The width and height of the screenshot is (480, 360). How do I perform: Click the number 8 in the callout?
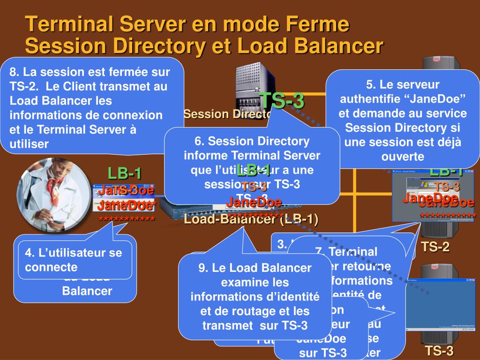[14, 72]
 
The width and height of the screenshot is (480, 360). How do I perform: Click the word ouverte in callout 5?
[403, 156]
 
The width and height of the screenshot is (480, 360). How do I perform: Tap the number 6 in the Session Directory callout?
[198, 141]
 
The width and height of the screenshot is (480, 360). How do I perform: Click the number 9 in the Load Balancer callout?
[202, 268]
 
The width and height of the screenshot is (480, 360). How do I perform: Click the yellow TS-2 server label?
[435, 247]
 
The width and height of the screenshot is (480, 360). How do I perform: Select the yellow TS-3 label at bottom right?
[439, 351]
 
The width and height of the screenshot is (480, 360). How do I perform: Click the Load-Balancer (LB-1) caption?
[251, 219]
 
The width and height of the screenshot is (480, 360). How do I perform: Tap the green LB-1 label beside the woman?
[125, 173]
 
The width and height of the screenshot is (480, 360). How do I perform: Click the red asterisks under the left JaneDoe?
[127, 219]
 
